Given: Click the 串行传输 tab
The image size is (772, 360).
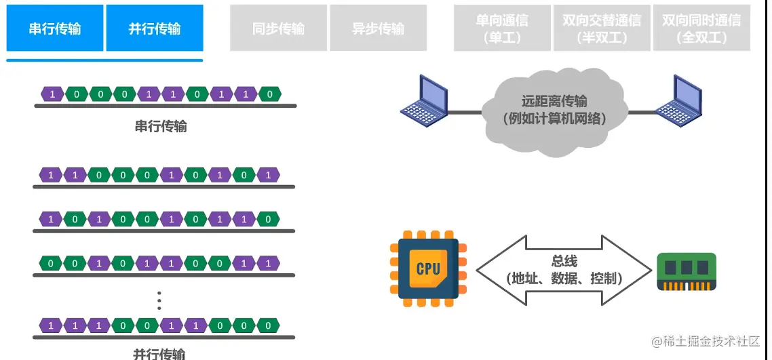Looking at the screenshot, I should pos(55,28).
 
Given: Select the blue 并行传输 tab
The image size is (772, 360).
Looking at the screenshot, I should pos(155,28).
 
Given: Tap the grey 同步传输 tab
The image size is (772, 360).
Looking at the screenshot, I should pos(278,28).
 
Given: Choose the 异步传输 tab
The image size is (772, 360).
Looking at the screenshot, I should pos(378,28).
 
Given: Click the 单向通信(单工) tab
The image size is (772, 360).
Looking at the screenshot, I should pos(503,28).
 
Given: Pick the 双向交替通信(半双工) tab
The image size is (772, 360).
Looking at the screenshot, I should pos(602,28).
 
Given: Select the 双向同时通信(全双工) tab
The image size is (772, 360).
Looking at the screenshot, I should pos(701,28).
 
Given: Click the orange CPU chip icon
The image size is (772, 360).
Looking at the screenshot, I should pos(428,268).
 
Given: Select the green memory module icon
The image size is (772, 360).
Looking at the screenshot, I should pos(687,272).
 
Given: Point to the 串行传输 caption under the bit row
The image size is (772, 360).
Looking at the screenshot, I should pos(161,126).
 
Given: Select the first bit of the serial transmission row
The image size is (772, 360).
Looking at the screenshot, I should pos(53,94).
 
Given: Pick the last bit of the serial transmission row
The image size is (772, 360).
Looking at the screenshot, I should pos(270,94).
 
